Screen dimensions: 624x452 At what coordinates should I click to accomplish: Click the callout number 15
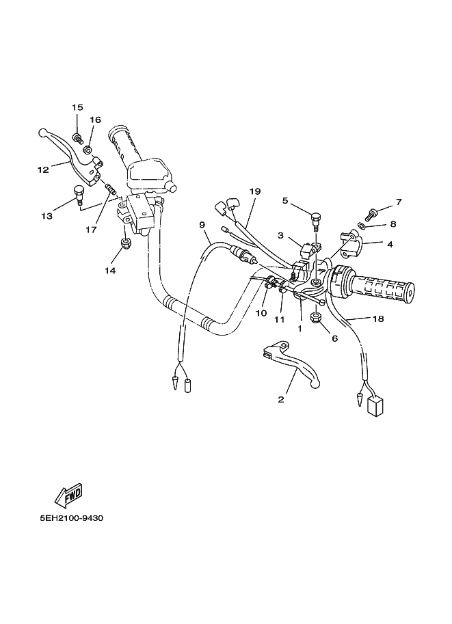(77, 107)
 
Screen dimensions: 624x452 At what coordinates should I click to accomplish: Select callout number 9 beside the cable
(202, 224)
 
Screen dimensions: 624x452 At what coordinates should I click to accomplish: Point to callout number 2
(280, 400)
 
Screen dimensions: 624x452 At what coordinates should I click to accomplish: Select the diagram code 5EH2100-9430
(71, 518)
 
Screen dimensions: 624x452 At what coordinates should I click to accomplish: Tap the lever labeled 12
(68, 148)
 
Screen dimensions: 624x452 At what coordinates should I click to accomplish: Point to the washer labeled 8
(360, 226)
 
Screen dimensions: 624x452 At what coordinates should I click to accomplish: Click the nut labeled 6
(316, 317)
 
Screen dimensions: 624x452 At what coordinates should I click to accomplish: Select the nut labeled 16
(88, 149)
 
